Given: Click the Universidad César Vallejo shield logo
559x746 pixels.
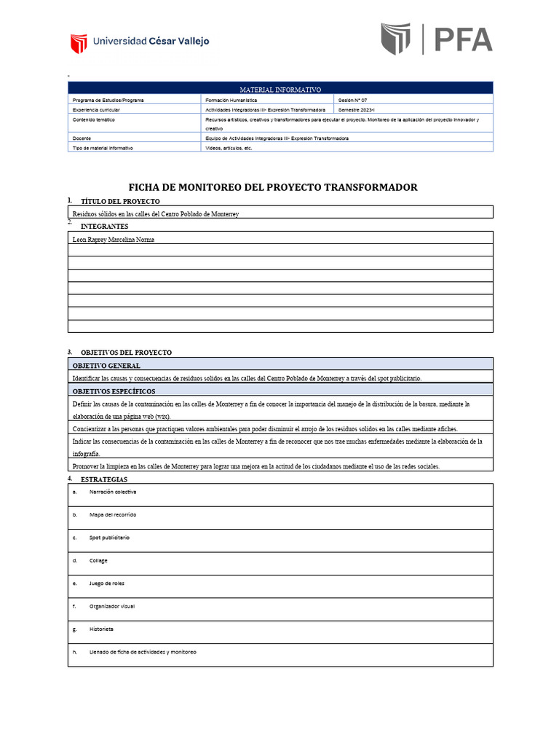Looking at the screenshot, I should tap(79, 43).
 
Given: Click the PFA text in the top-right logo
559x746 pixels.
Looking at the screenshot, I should tap(464, 39).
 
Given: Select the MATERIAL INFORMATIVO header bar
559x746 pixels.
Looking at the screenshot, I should tap(280, 89).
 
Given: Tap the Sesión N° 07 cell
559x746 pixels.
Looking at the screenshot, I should tap(358, 99).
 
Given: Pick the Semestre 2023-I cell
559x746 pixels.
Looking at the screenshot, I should tap(360, 109).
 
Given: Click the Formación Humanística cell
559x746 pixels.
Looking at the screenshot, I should tap(231, 99).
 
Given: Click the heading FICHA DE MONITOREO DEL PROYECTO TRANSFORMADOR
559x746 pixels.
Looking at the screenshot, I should tap(273, 187).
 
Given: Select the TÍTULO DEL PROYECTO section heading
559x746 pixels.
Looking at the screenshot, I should tap(120, 201).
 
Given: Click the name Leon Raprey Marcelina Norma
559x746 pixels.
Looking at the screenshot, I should tap(114, 239).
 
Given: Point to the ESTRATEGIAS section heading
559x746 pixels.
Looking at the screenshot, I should tap(104, 479).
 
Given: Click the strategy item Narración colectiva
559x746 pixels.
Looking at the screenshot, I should tap(112, 492).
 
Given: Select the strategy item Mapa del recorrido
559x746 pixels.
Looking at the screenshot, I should tap(112, 514).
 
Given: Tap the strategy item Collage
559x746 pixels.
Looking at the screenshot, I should tap(98, 560).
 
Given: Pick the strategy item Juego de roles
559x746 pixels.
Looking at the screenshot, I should tap(108, 584).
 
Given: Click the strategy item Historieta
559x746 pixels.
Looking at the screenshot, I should tap(101, 629).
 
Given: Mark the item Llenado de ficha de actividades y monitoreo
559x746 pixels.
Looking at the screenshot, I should tap(143, 652).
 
